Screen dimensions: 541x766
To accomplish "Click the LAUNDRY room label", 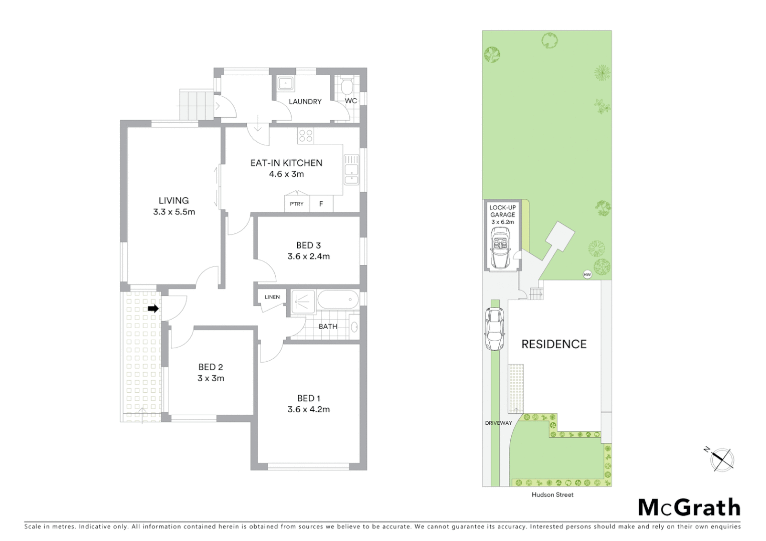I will (305, 102).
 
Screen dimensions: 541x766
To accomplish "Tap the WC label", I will (351, 101).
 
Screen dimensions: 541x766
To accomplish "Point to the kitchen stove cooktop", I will (306, 135).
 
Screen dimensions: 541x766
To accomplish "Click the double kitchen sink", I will (351, 169).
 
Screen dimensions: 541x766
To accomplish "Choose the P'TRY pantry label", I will (297, 204).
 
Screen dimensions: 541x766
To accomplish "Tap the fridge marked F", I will (321, 204).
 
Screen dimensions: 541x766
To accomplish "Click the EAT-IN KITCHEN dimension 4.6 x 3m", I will (286, 174).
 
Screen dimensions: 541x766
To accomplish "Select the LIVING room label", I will (173, 200).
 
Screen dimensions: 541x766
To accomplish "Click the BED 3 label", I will (308, 245).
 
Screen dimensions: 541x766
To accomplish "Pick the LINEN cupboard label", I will (272, 297).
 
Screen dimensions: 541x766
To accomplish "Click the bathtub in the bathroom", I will (338, 300).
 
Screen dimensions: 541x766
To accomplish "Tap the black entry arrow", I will (153, 309).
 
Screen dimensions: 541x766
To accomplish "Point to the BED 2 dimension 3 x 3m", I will (211, 378).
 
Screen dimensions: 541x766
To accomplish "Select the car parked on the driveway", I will (494, 329).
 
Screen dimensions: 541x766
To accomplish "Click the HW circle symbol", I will (587, 275).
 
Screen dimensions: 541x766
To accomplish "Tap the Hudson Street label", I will (552, 495).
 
